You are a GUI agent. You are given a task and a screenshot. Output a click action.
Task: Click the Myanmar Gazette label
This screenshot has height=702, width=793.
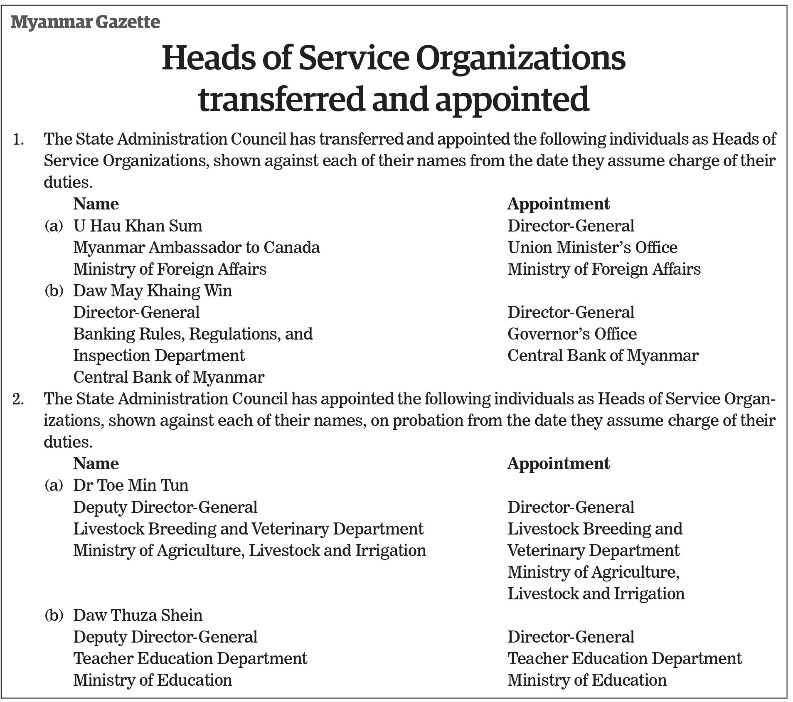(x=85, y=22)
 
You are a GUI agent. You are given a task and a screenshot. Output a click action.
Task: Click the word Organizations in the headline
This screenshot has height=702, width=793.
(x=520, y=58)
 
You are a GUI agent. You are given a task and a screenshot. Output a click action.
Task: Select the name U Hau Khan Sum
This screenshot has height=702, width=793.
(x=138, y=226)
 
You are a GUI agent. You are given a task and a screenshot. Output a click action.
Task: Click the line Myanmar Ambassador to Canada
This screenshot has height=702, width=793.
(x=196, y=247)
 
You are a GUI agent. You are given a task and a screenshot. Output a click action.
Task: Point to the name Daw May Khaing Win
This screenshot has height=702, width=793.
(x=153, y=291)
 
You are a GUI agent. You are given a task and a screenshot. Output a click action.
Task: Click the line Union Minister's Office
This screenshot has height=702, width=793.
(x=592, y=247)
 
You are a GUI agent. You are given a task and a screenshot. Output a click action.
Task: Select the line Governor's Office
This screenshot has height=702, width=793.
(x=572, y=334)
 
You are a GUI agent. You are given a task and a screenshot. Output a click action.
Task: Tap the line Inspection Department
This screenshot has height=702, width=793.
(x=159, y=355)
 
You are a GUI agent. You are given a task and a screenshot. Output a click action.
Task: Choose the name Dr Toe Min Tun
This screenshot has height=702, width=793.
(x=131, y=485)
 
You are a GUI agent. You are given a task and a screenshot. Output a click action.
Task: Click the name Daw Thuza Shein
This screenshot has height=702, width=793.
(x=138, y=615)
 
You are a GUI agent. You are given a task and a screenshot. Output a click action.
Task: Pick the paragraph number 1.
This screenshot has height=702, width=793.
(x=18, y=139)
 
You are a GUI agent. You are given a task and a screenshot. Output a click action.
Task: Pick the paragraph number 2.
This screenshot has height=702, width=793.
(x=18, y=399)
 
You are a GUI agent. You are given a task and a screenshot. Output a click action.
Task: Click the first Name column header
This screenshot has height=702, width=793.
(x=96, y=204)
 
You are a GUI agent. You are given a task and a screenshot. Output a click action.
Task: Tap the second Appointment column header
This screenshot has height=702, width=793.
(x=558, y=463)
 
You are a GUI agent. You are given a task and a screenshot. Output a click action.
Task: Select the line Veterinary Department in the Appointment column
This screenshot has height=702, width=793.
(x=593, y=550)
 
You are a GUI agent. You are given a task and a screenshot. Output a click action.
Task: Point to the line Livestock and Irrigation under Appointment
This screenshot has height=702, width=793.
(x=596, y=594)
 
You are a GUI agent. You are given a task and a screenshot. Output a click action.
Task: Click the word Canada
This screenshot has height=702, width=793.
(x=291, y=247)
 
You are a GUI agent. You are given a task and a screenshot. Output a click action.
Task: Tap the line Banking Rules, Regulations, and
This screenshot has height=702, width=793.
(x=193, y=334)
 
